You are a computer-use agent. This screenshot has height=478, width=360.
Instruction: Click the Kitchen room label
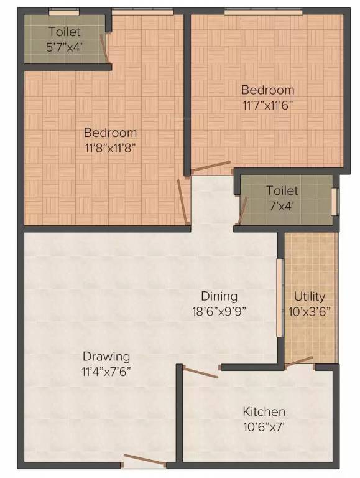pyautogui.click(x=264, y=411)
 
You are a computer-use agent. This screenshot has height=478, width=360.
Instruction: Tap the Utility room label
pyautogui.click(x=310, y=296)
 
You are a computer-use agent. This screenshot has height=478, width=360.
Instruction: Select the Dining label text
pyautogui.click(x=219, y=296)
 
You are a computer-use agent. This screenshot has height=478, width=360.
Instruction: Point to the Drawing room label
pyautogui.click(x=106, y=356)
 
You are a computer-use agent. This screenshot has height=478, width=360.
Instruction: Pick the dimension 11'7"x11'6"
pyautogui.click(x=268, y=105)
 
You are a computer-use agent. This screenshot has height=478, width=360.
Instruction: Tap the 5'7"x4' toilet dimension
pyautogui.click(x=65, y=47)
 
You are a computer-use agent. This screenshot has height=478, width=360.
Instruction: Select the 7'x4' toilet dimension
pyautogui.click(x=282, y=206)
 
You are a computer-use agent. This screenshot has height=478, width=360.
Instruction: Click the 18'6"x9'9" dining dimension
pyautogui.click(x=219, y=312)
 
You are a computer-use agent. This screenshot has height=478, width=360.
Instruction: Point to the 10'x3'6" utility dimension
pyautogui.click(x=310, y=312)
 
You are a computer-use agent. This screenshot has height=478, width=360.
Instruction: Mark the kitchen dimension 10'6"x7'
pyautogui.click(x=264, y=427)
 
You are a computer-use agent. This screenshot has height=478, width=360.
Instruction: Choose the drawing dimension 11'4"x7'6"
pyautogui.click(x=106, y=372)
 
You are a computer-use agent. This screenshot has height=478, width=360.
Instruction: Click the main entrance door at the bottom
pyautogui.click(x=144, y=461)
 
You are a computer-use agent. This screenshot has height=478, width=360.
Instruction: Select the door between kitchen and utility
pyautogui.click(x=300, y=362)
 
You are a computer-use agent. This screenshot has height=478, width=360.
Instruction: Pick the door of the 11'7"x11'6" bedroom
pyautogui.click(x=211, y=166)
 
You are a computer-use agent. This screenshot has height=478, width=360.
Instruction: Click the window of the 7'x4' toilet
pyautogui.click(x=335, y=202)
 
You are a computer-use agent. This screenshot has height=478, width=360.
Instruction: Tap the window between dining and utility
pyautogui.click(x=280, y=298)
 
